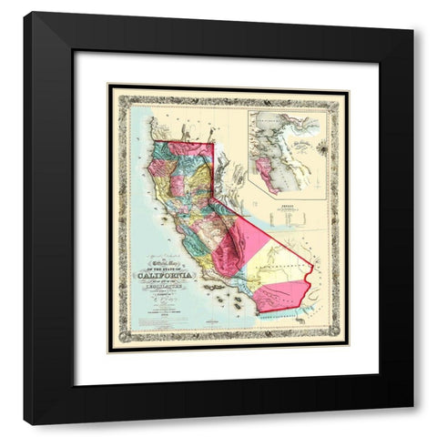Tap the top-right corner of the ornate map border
348,86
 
